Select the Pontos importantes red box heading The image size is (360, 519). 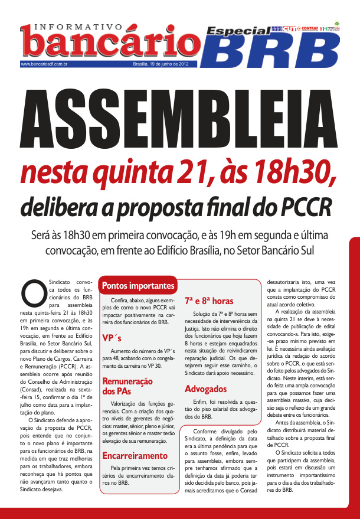click(139, 286)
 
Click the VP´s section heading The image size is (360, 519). click(112, 338)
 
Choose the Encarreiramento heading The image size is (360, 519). click(135, 456)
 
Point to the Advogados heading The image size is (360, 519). click(205, 389)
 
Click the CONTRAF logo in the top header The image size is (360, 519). click(310, 28)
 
